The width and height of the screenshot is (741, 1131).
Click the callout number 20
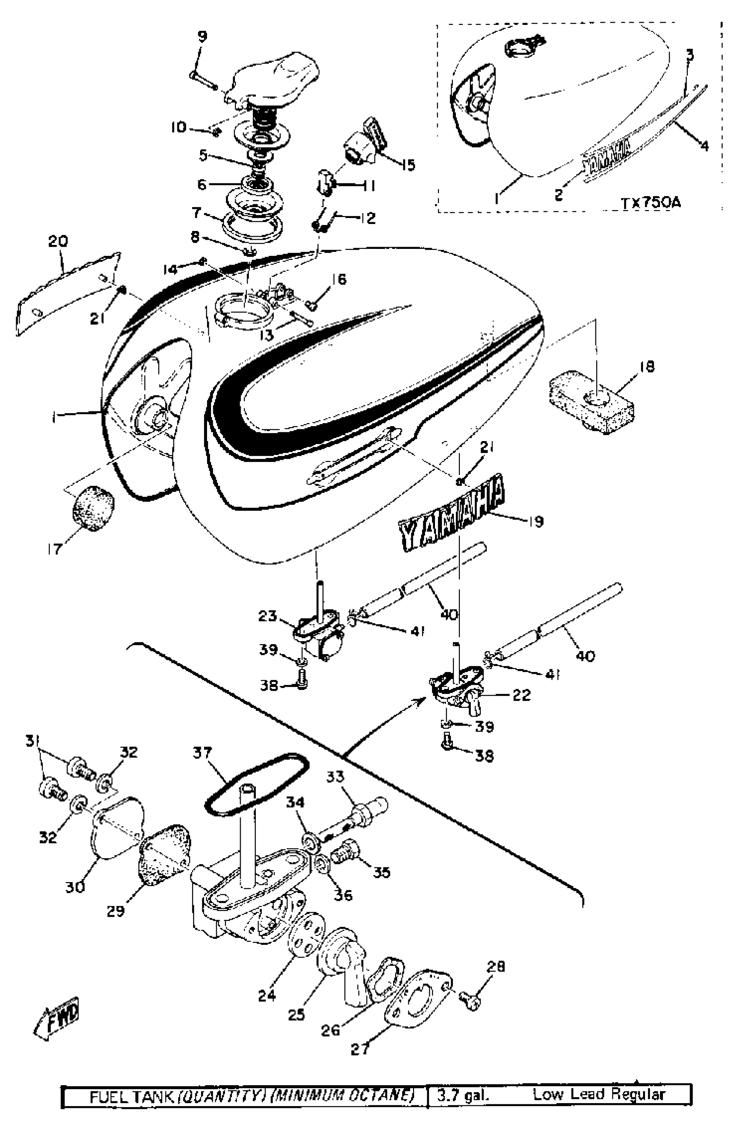[58, 241]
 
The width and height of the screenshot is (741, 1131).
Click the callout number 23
[268, 616]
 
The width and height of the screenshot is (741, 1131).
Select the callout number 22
[521, 695]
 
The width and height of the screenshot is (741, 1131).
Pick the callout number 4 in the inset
[704, 145]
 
